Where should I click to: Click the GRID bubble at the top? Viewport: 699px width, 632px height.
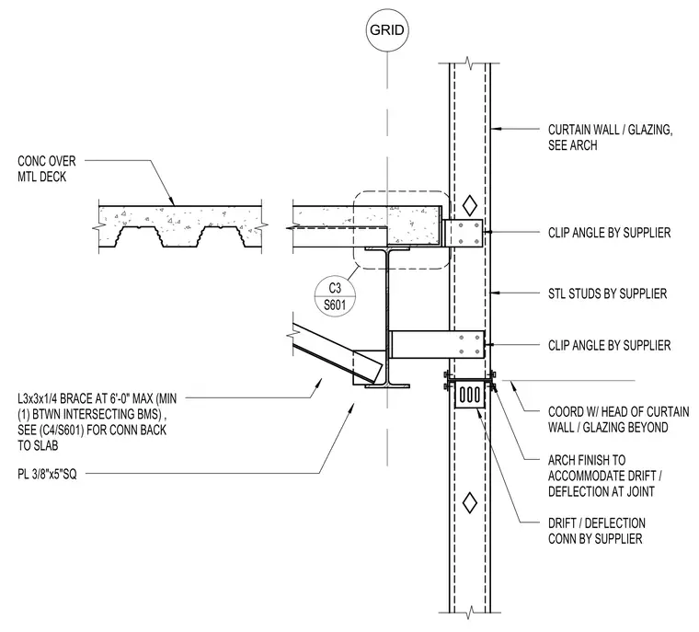pos(386,29)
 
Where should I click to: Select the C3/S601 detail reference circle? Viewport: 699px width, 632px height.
pos(335,296)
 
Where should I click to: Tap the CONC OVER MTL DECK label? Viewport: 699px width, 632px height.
pos(46,168)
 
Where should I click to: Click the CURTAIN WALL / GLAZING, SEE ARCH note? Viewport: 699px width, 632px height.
pos(610,137)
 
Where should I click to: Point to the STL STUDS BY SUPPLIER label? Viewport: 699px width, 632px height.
pos(607,293)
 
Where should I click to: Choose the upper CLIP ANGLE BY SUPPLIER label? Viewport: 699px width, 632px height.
pos(609,233)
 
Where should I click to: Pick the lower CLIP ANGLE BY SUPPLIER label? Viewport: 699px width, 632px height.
pos(609,345)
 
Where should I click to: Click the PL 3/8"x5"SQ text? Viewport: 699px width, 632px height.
pos(47,474)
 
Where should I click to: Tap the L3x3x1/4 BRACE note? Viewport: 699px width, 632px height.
pos(97,422)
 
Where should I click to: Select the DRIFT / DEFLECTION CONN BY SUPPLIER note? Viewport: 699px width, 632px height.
pos(597,531)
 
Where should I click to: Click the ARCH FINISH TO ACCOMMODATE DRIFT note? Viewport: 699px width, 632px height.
pos(604,476)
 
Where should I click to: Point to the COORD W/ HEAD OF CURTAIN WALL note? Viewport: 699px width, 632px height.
pos(618,419)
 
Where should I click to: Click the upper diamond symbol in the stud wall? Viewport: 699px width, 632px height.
pos(469,205)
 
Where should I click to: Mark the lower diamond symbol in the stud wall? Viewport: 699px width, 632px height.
pos(469,502)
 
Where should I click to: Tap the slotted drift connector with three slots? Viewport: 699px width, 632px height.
pos(469,395)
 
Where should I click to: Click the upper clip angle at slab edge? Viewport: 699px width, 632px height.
pos(464,233)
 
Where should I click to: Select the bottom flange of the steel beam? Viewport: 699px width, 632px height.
pos(387,385)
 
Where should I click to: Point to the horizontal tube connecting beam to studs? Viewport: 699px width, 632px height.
pos(437,344)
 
